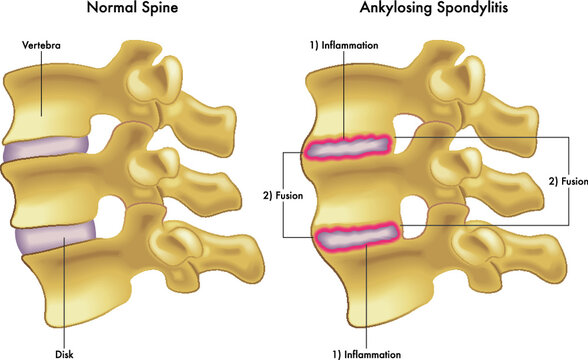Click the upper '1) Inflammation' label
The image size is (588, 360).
click(x=343, y=47)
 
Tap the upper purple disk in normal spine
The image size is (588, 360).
click(x=45, y=150)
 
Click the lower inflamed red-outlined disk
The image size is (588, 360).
click(x=357, y=237)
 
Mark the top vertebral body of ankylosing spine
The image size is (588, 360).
click(x=350, y=100)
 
